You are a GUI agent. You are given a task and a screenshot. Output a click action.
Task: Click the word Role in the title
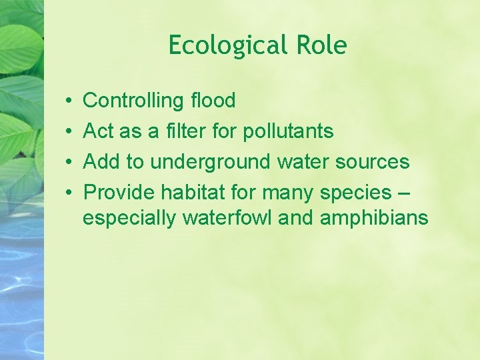323,46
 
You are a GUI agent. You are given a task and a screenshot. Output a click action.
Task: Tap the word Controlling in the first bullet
133,101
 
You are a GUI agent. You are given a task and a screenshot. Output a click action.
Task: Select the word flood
213,101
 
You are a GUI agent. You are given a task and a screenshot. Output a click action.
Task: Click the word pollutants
288,131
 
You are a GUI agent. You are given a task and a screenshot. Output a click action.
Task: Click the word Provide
119,193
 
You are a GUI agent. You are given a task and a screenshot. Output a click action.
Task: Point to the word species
355,193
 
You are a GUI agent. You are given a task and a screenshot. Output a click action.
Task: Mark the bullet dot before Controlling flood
70,101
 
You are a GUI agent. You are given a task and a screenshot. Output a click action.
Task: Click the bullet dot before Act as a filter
70,132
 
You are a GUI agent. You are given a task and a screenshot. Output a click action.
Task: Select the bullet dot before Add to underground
70,163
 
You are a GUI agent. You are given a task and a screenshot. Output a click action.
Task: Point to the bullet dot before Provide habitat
70,193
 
